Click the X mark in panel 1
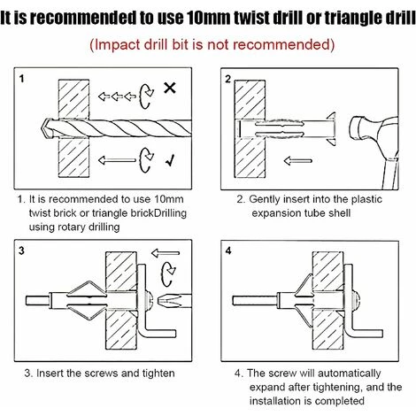(x=170, y=88)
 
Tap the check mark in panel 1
(x=170, y=160)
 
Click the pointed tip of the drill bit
(x=42, y=128)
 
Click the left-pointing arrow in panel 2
(x=298, y=161)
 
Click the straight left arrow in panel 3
(x=166, y=253)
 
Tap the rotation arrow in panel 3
(x=168, y=273)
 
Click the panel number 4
(x=228, y=250)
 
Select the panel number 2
(x=228, y=79)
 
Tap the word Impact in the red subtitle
(x=117, y=45)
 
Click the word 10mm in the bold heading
(x=209, y=18)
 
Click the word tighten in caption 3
(x=158, y=374)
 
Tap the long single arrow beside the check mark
(x=117, y=160)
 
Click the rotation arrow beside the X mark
(x=146, y=96)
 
